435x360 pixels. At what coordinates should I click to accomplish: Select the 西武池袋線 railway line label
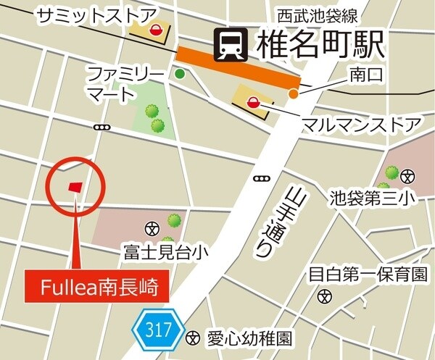click(310, 14)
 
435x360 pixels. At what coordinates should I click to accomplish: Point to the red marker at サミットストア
click(155, 30)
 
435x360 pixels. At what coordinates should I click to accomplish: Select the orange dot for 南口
click(293, 93)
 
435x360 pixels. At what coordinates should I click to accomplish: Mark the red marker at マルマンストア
click(253, 102)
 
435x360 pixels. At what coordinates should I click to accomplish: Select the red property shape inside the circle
click(75, 187)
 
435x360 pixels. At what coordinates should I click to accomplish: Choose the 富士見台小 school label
click(166, 252)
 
